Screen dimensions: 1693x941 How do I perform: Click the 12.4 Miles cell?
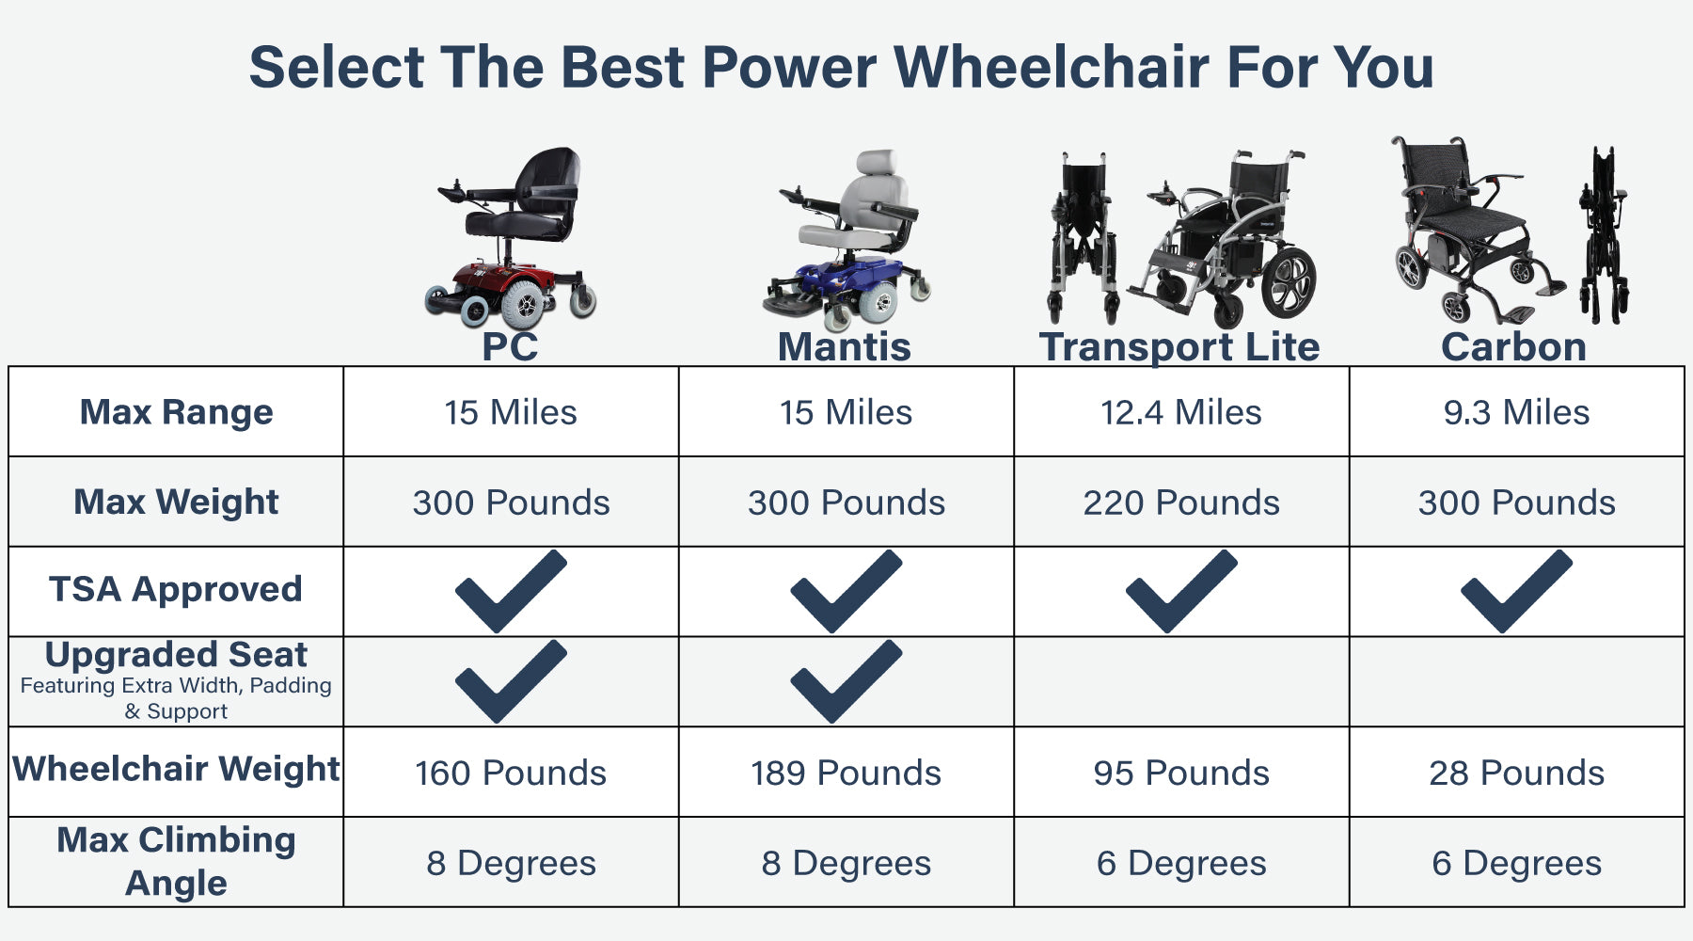point(1181,412)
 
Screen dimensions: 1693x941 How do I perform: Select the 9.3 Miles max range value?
point(1516,412)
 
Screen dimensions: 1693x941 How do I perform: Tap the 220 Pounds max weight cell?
point(1181,502)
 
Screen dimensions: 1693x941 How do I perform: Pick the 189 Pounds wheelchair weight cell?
point(846,773)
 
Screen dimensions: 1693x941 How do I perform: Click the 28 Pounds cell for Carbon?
point(1516,773)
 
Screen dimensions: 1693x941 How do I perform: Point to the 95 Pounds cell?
point(1181,773)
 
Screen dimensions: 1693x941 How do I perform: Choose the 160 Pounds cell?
point(511,773)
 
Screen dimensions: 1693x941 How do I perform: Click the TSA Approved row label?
point(176,589)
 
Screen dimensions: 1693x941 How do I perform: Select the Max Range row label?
point(176,412)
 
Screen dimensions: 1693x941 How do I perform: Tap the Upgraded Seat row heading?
point(176,654)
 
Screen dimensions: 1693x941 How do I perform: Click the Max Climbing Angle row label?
point(176,861)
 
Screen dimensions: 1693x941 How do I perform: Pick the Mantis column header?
point(845,346)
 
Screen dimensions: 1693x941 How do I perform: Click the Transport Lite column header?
point(1179,346)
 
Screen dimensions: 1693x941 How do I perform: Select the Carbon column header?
point(1514,346)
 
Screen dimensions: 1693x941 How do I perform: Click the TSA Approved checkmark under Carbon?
point(1516,592)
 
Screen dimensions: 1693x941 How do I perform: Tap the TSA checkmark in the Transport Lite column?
point(1181,592)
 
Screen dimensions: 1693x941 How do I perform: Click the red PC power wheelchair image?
point(511,238)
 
